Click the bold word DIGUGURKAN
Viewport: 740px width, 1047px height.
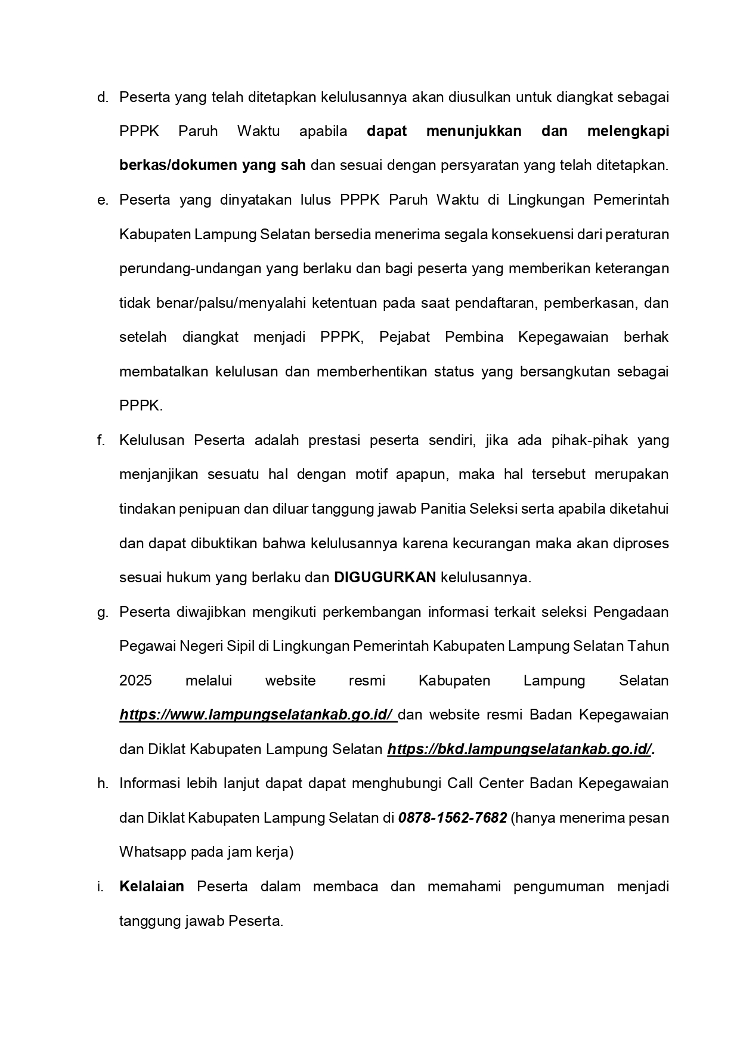pos(385,577)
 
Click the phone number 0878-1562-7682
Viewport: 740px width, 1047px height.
pos(453,817)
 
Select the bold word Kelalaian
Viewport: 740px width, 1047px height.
pos(151,887)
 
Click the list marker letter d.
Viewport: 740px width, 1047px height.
pos(102,97)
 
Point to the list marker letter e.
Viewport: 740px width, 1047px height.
pos(102,200)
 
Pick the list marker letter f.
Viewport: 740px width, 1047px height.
pos(101,440)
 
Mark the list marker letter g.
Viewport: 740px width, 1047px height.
pos(102,613)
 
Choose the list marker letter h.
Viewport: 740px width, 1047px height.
pos(102,783)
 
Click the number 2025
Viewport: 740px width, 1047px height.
pos(135,681)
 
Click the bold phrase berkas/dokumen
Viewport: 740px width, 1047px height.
pos(178,165)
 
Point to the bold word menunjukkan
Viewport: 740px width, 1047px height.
pos(473,131)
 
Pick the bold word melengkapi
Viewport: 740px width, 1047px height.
pos(627,131)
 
